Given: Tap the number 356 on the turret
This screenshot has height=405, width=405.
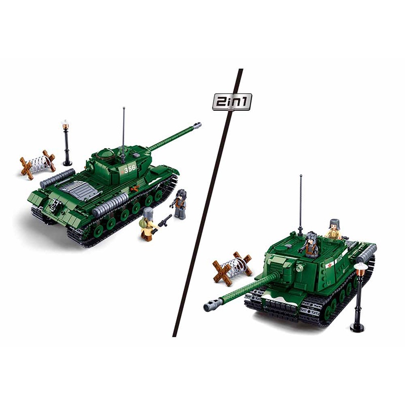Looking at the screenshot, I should coord(131,170).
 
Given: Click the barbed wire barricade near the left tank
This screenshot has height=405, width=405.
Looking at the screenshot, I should coord(38,164).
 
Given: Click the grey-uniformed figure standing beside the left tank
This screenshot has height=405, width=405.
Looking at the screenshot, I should coord(180,204).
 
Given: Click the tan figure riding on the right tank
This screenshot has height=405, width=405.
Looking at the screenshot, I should coord(334,230).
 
